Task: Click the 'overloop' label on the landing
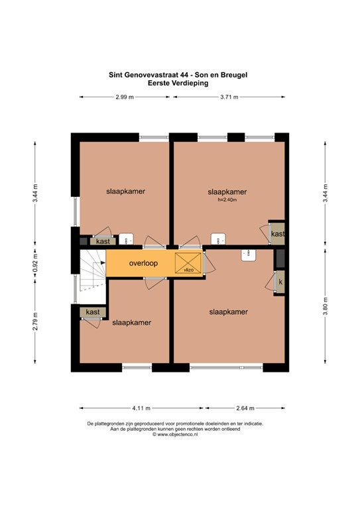coord(143,263)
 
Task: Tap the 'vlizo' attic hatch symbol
coord(188,263)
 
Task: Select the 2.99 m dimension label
coord(125,97)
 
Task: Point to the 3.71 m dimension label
coord(229,97)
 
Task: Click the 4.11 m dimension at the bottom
coord(141,408)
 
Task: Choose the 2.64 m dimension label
coord(245,408)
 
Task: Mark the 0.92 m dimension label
coord(36,263)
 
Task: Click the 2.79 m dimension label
coord(35,321)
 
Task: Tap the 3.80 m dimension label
coord(326,306)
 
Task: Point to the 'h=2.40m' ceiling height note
coord(227,200)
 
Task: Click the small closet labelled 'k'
coord(280,282)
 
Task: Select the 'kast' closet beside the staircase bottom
coord(93,312)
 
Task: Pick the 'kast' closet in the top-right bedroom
coord(278,233)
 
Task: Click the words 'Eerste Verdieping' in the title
coord(178,83)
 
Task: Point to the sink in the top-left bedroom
coord(125,239)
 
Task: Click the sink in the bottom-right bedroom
coord(249,255)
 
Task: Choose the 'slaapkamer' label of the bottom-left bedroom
coord(131,323)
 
